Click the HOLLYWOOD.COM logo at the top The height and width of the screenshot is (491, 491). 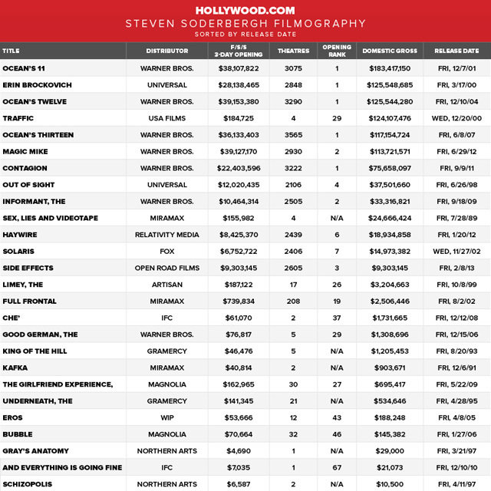pyautogui.click(x=245, y=10)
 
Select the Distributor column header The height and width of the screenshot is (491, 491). pyautogui.click(x=167, y=51)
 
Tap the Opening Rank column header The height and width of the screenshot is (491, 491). pyautogui.click(x=336, y=51)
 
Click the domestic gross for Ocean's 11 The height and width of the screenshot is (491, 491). pyautogui.click(x=389, y=68)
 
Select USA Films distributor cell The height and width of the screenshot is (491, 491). pyautogui.click(x=167, y=118)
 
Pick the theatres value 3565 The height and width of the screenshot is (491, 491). pyautogui.click(x=294, y=135)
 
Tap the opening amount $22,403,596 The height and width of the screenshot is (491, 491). pyautogui.click(x=239, y=168)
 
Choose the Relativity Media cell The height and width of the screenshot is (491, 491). pyautogui.click(x=167, y=235)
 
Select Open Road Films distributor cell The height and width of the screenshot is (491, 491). pyautogui.click(x=167, y=268)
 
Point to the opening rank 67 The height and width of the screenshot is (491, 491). pyautogui.click(x=336, y=467)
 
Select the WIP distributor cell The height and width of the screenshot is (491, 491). pyautogui.click(x=167, y=417)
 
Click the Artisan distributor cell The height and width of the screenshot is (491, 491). pyautogui.click(x=167, y=285)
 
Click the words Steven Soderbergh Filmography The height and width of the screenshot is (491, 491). pyautogui.click(x=245, y=24)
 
